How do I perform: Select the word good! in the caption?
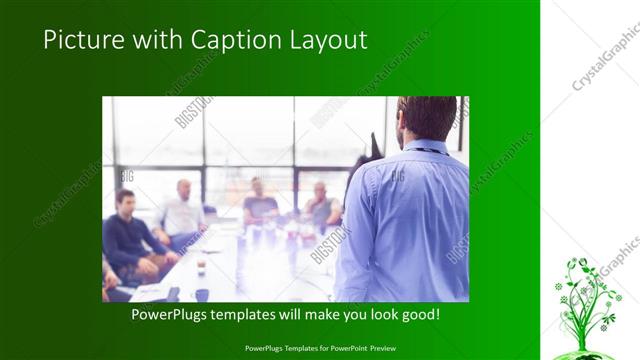419,314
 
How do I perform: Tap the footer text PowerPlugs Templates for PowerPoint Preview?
320,348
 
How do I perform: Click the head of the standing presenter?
427,118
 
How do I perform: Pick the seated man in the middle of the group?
259,204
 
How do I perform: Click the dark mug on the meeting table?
201,294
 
